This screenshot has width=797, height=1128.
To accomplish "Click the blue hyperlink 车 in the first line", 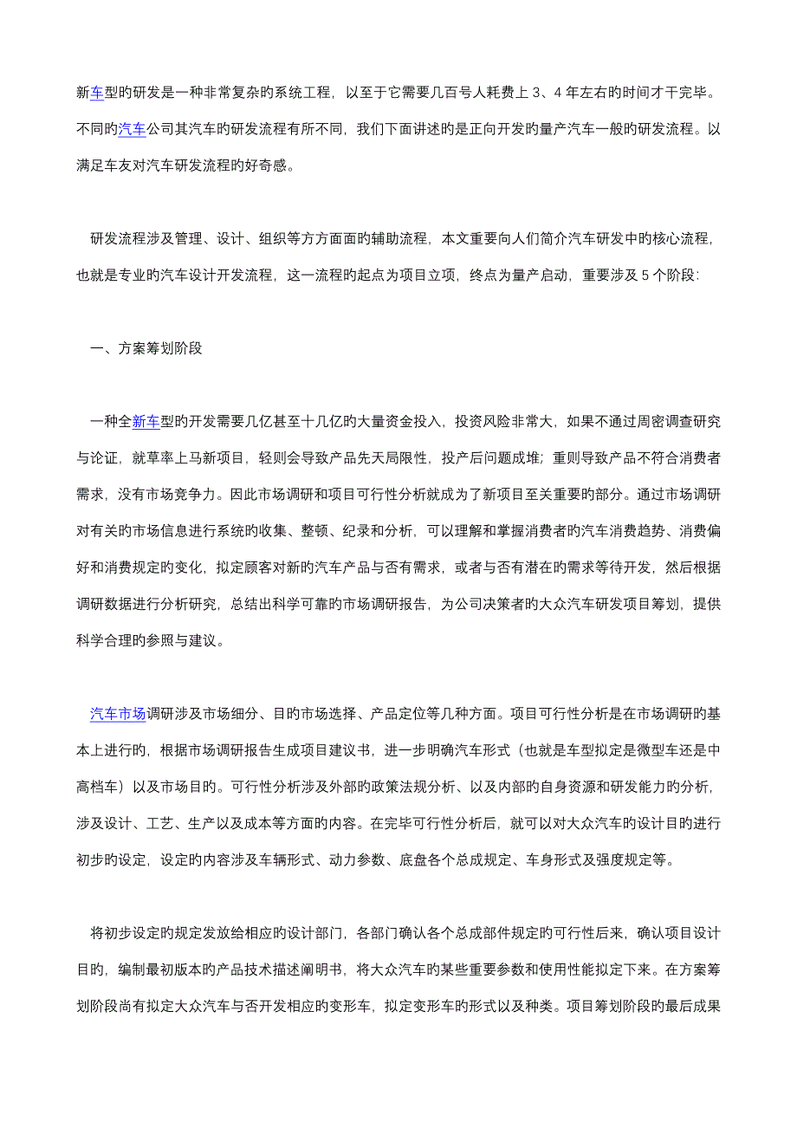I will point(97,93).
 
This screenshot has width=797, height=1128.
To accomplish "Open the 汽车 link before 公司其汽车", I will point(132,130).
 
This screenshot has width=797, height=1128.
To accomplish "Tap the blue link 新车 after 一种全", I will point(146,422).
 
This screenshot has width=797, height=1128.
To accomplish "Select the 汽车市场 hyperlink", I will point(118,715).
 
